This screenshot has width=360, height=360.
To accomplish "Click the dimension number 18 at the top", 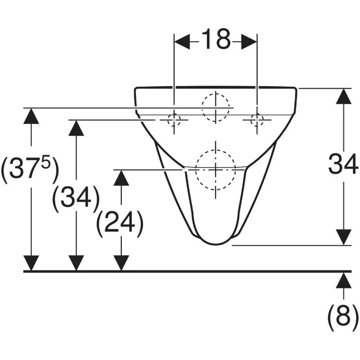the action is coord(216,39).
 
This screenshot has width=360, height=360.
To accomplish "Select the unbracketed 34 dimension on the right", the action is coord(343,164).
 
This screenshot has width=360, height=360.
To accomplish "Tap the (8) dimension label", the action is coord(343,318).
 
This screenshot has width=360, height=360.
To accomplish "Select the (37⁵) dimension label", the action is coord(30,170).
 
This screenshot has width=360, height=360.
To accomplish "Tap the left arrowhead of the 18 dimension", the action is coord(182,42).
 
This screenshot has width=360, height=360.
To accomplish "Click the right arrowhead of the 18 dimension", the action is coord(249,42).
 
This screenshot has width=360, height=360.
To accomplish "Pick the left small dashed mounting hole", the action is coord(174,120).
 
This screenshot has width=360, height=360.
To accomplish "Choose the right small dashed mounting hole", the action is coord(257,120).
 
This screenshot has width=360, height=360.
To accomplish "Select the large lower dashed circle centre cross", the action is coord(215,170).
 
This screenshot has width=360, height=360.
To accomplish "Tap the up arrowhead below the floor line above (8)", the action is coord(343,280).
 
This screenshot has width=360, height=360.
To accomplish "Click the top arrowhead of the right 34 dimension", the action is coord(343,97).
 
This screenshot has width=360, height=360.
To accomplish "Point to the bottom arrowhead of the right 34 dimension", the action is coord(343,237).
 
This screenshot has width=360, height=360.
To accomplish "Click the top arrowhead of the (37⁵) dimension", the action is coord(31,116).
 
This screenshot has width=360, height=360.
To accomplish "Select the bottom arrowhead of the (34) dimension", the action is coord(76,263).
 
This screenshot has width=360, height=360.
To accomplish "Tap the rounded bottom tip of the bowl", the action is coord(216,244).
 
